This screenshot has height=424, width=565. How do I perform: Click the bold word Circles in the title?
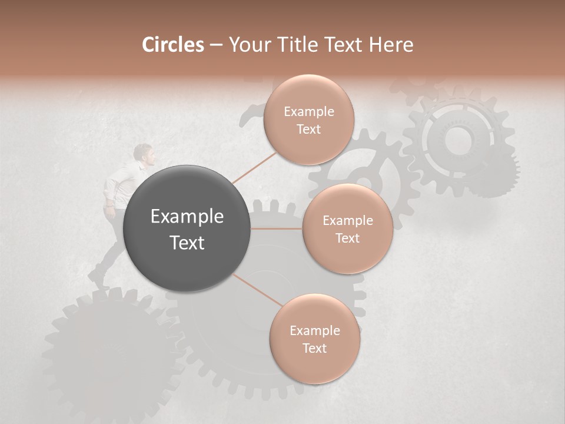click(173, 45)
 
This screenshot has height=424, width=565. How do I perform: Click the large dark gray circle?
click(187, 228)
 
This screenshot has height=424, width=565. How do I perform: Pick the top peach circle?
click(308, 120)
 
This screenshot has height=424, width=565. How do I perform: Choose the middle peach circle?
click(347, 229)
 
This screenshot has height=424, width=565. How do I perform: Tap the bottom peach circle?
click(314, 339)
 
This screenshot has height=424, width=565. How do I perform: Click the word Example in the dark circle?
click(187, 217)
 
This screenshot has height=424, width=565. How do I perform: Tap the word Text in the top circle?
click(308, 130)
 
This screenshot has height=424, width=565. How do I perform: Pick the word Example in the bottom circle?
click(314, 331)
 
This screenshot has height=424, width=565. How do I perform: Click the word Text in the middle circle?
click(347, 238)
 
